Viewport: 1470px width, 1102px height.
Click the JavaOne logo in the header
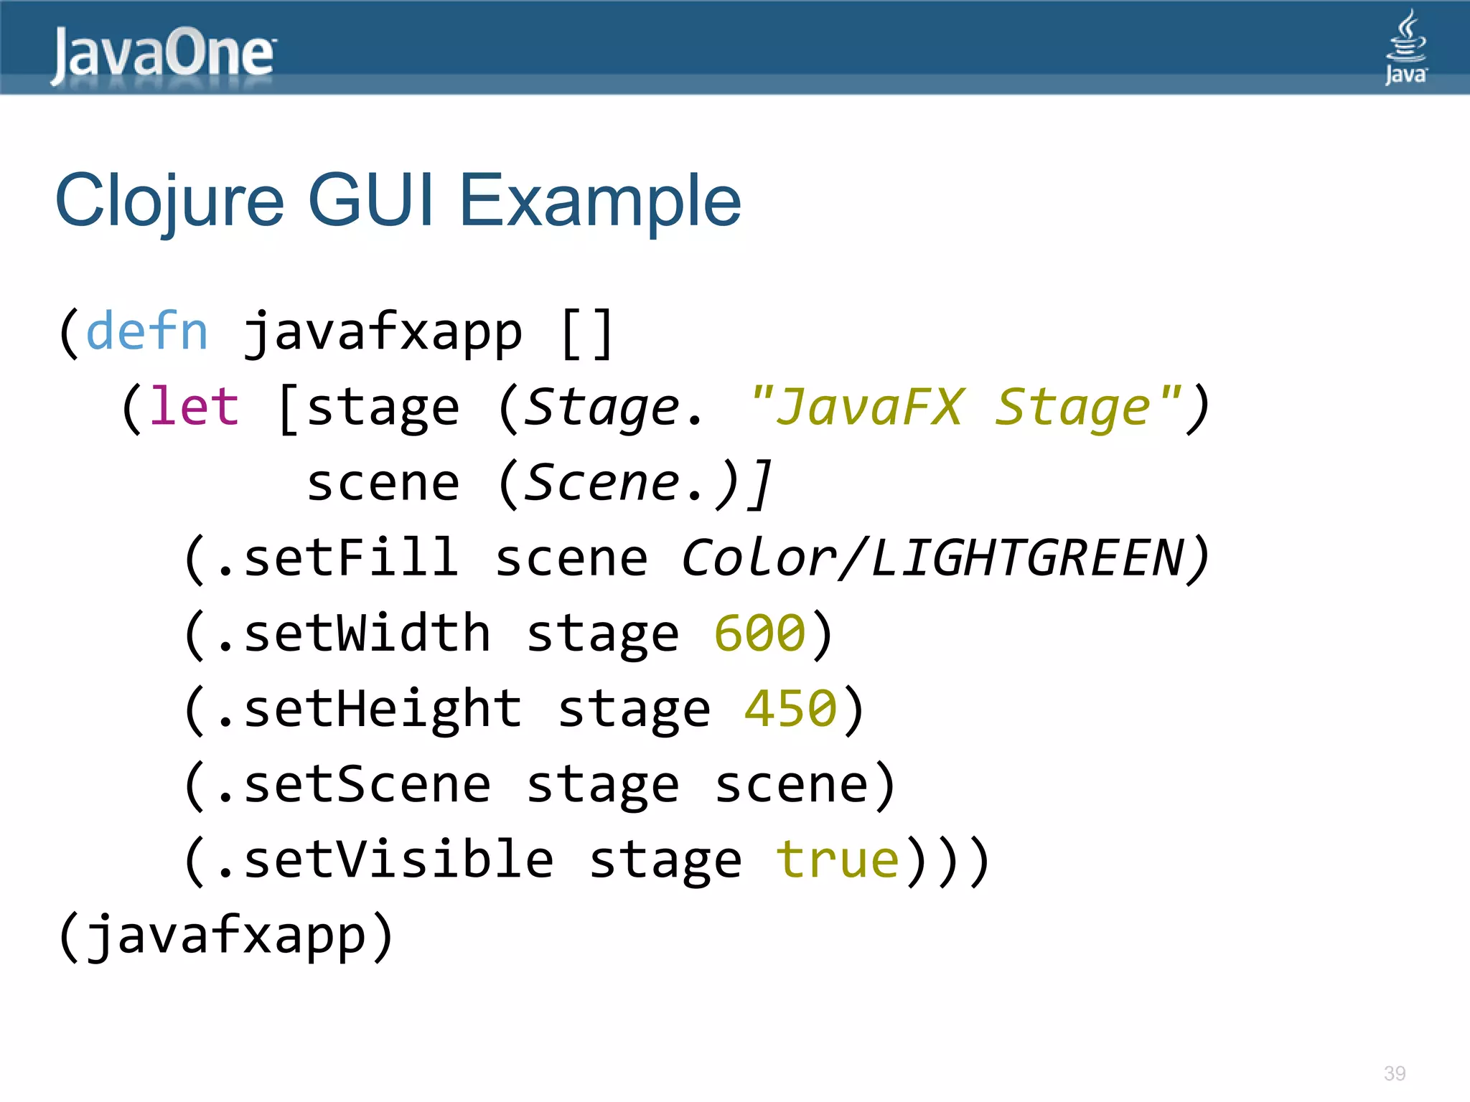tap(163, 53)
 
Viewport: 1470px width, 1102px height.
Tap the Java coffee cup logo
tap(1405, 47)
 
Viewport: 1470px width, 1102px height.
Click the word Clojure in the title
tap(170, 202)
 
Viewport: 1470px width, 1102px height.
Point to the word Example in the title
tap(599, 202)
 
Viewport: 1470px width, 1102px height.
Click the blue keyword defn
tap(147, 331)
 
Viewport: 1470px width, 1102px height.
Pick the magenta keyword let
tap(194, 407)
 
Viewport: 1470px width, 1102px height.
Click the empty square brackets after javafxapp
tap(587, 333)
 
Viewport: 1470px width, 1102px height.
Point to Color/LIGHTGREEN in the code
tap(932, 558)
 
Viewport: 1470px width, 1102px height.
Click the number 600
tap(760, 634)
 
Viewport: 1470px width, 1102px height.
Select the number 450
tap(791, 709)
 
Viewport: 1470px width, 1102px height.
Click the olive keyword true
tap(838, 860)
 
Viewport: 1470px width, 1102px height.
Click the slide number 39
tap(1395, 1073)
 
